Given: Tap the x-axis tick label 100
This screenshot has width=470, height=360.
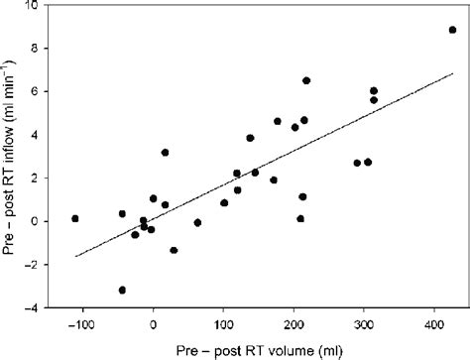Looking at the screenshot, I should (223, 323).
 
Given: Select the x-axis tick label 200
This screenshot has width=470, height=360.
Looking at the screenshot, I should (294, 323).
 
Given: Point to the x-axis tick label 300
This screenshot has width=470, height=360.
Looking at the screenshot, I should (364, 323).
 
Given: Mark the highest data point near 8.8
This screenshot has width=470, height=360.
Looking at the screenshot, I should (453, 31).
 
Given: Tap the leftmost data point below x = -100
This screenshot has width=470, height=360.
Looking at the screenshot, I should (74, 218).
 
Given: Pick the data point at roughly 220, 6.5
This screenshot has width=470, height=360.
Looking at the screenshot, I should (306, 80).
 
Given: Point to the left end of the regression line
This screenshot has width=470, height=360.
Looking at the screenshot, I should (75, 256).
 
